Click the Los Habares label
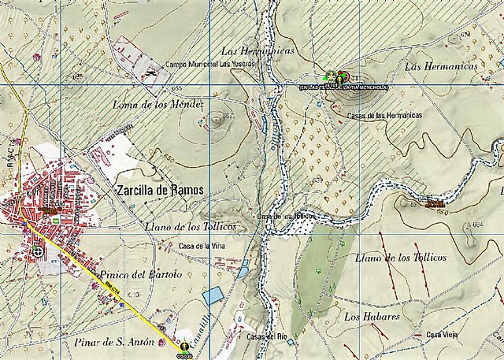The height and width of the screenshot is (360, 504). (x=372, y=316)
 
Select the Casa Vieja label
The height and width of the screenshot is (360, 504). (x=442, y=335)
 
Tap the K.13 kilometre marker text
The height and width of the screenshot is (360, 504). (x=132, y=294)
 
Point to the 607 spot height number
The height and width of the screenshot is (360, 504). (x=228, y=117)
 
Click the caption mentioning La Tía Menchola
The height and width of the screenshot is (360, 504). (x=344, y=87)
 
